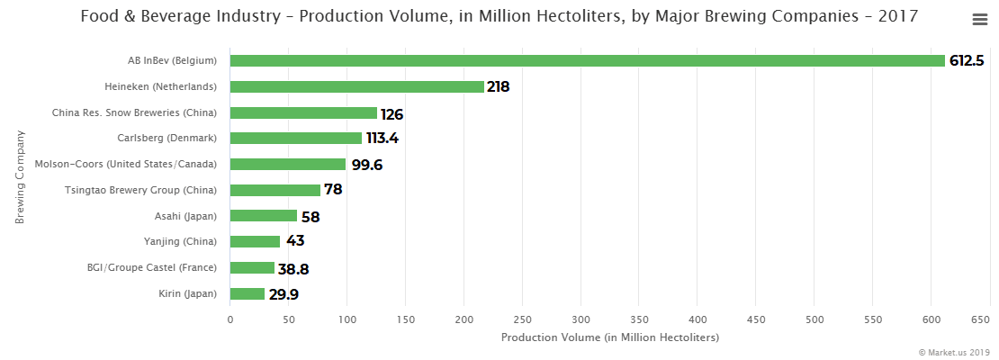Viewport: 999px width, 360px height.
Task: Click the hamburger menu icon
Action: [x=980, y=20]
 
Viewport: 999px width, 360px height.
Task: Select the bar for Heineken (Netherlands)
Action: [x=356, y=87]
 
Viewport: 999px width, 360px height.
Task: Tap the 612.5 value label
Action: [x=967, y=61]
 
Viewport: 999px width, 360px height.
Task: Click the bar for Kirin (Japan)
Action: [x=247, y=294]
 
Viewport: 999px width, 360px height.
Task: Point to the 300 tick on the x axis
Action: [x=580, y=319]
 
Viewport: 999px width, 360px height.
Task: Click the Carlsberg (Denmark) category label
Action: [x=167, y=139]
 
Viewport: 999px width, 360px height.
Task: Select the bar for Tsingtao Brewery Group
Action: [x=275, y=191]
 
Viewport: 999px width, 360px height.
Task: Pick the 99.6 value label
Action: [x=368, y=165]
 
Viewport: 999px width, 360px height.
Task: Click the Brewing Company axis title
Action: [x=19, y=177]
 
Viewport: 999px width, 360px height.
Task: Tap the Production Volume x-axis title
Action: [x=609, y=337]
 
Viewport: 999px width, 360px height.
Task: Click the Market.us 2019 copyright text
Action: [x=954, y=352]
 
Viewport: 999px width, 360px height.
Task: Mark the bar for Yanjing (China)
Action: [x=255, y=242]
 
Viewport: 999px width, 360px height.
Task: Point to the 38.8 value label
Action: [x=293, y=269]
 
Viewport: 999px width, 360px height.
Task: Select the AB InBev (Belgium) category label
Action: [x=173, y=61]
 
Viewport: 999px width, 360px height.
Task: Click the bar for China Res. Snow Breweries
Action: [x=303, y=113]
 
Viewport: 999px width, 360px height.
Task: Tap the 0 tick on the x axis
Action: [x=230, y=319]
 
